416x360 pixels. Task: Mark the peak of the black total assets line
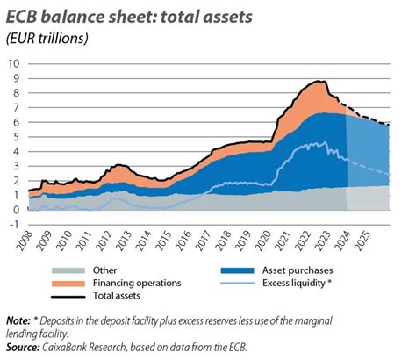(x=320, y=81)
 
